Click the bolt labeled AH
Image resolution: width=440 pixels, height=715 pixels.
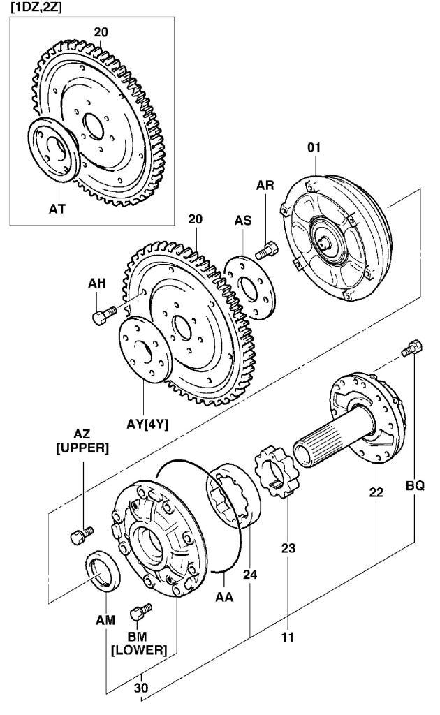tap(105, 315)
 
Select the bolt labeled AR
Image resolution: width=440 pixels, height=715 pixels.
tap(267, 250)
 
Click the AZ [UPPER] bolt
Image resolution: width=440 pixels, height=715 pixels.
tap(82, 535)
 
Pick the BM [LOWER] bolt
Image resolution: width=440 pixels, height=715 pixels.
tap(141, 612)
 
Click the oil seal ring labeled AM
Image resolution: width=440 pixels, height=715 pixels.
tap(103, 570)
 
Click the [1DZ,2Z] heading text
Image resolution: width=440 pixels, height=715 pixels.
tap(33, 7)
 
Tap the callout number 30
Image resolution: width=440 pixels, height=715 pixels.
tap(141, 687)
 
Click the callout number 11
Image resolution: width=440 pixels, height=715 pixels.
tap(287, 637)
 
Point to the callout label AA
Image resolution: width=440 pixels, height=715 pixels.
tap(224, 596)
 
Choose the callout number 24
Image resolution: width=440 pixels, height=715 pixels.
tap(250, 574)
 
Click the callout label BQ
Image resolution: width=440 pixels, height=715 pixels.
tap(415, 486)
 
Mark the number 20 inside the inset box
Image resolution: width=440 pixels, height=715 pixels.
tap(101, 32)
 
